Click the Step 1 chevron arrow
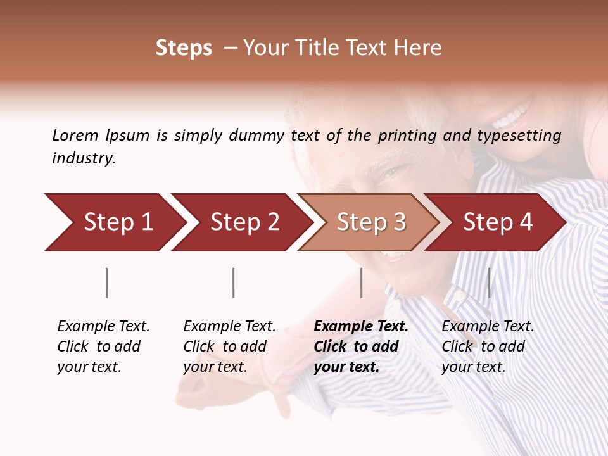(x=114, y=222)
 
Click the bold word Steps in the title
(x=184, y=48)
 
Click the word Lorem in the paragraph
(x=75, y=135)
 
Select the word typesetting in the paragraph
(x=519, y=136)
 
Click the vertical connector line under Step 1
(x=107, y=282)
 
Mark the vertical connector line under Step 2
(x=234, y=282)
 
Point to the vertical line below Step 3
(x=362, y=282)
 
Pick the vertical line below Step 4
(x=489, y=282)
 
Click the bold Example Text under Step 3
(x=361, y=327)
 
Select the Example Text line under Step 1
(x=103, y=327)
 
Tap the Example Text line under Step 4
(x=488, y=327)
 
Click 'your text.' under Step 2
(x=215, y=367)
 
